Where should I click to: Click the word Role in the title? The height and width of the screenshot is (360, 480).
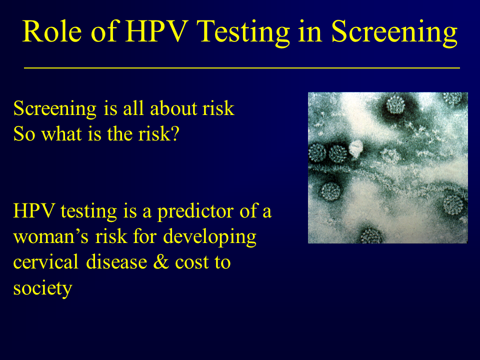(x=52, y=31)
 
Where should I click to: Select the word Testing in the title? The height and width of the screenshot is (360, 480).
(x=243, y=33)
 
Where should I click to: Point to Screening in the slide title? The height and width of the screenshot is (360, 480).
(x=394, y=33)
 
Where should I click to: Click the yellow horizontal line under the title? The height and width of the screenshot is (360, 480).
(x=242, y=67)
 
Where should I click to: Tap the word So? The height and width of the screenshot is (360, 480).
(x=24, y=134)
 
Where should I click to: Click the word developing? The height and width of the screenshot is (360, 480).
(x=209, y=237)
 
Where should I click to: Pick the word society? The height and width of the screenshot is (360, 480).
(x=42, y=288)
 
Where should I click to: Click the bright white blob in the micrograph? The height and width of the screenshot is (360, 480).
(x=355, y=149)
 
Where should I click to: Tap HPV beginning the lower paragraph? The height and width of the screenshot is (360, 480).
(x=34, y=211)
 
